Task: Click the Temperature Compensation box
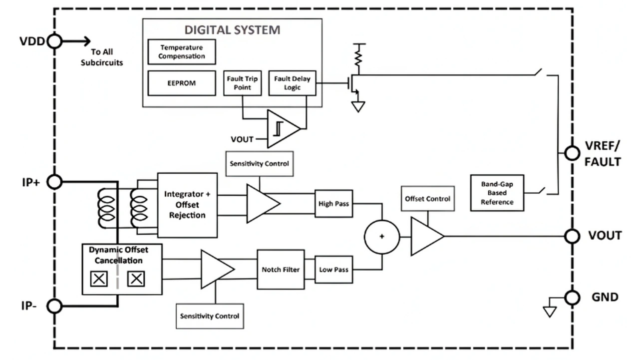pyautogui.click(x=182, y=52)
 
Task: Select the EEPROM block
pyautogui.click(x=182, y=83)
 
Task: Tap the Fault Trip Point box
pyautogui.click(x=242, y=83)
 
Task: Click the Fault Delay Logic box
pyautogui.click(x=292, y=83)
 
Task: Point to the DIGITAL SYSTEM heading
pyautogui.click(x=232, y=29)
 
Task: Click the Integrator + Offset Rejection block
pyautogui.click(x=187, y=205)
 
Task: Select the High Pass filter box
pyautogui.click(x=333, y=204)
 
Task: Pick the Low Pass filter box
pyautogui.click(x=333, y=270)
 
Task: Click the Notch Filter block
pyautogui.click(x=281, y=270)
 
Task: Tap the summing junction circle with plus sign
pyautogui.click(x=382, y=237)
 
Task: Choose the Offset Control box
pyautogui.click(x=427, y=199)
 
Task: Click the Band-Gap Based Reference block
pyautogui.click(x=497, y=193)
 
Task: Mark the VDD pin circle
pyautogui.click(x=54, y=41)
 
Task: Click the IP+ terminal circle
pyautogui.click(x=54, y=182)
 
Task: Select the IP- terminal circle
pyautogui.click(x=54, y=306)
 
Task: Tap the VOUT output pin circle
pyautogui.click(x=572, y=236)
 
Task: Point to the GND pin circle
pyautogui.click(x=572, y=298)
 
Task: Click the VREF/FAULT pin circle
pyautogui.click(x=572, y=153)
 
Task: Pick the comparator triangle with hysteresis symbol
pyautogui.click(x=282, y=129)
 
